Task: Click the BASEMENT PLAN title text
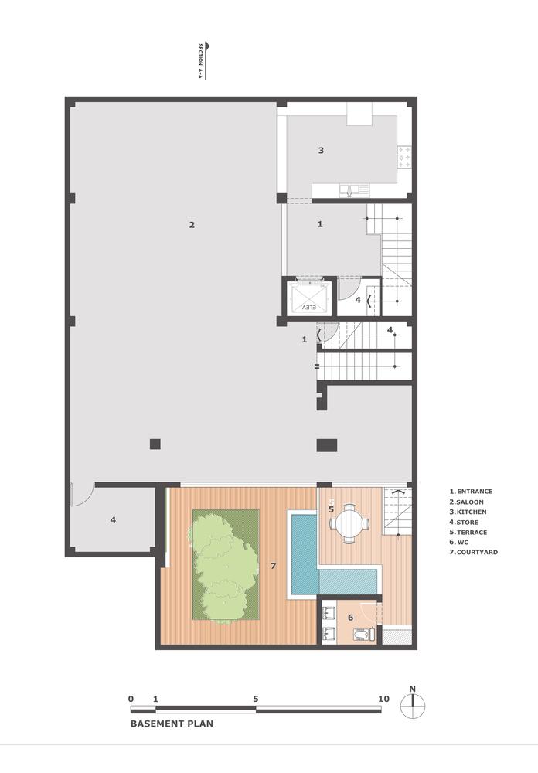pyautogui.click(x=171, y=724)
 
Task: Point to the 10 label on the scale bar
pyautogui.click(x=383, y=699)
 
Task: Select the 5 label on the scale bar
pyautogui.click(x=255, y=699)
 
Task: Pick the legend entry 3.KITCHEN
pyautogui.click(x=468, y=512)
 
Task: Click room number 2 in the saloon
pyautogui.click(x=192, y=225)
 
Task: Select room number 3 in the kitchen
pyautogui.click(x=321, y=150)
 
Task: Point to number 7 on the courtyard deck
pyautogui.click(x=274, y=566)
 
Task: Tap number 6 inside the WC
pyautogui.click(x=350, y=617)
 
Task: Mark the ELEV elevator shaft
pyautogui.click(x=308, y=296)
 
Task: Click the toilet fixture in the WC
pyautogui.click(x=363, y=635)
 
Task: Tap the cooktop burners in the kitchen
pyautogui.click(x=403, y=158)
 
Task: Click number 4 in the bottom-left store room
pyautogui.click(x=113, y=520)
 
